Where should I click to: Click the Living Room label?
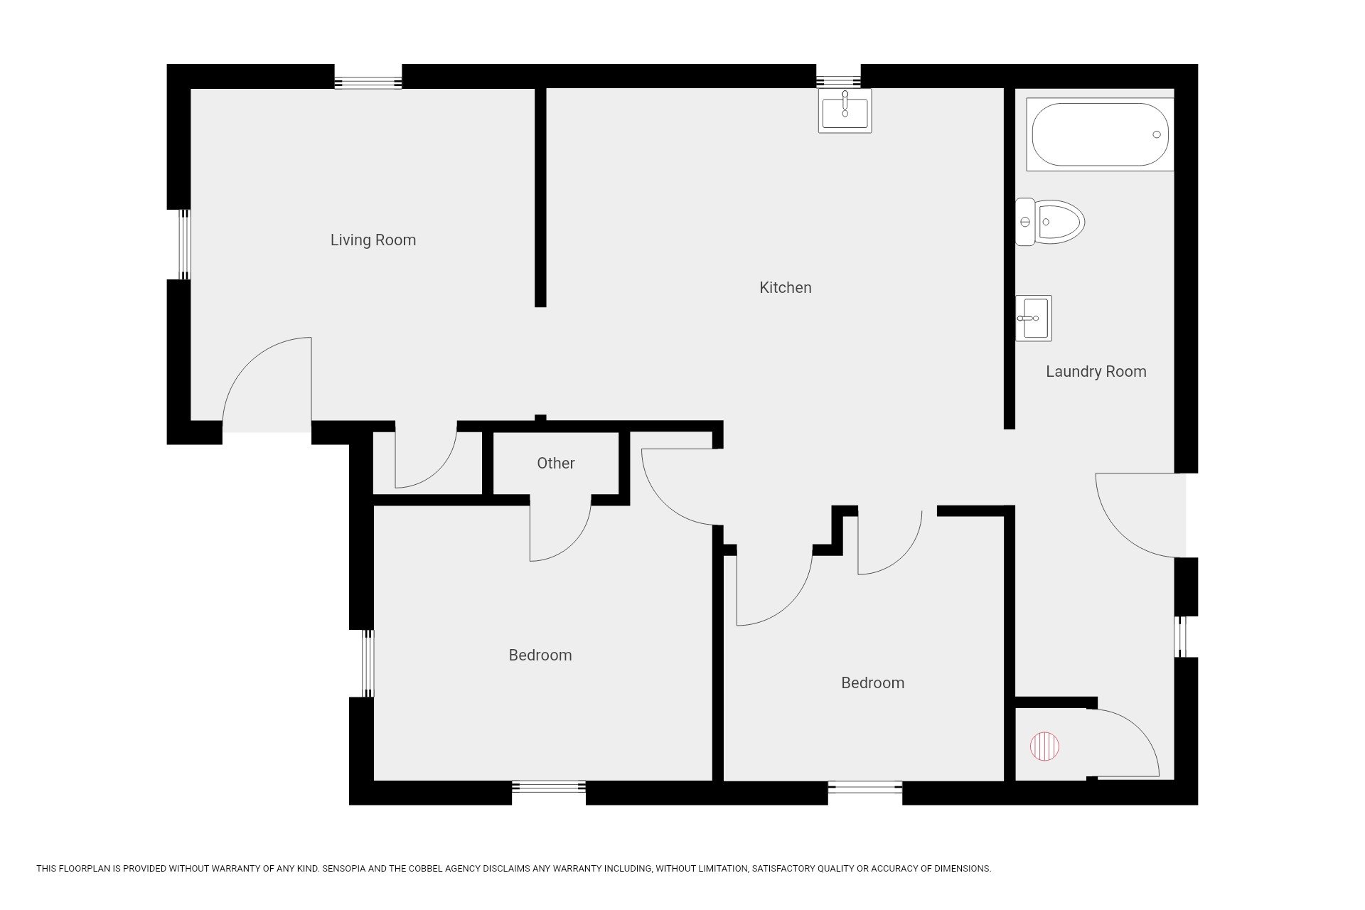coord(373,240)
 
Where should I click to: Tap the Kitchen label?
coord(786,287)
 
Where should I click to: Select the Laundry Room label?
coord(1096,371)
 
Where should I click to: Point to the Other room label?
coord(556,463)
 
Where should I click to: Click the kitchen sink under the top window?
coord(845,111)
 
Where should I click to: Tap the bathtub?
coord(1100,134)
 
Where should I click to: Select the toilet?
coord(1049,222)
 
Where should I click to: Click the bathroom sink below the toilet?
coord(1033,318)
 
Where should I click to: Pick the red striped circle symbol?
coord(1044,746)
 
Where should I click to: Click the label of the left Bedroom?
coord(540,655)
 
